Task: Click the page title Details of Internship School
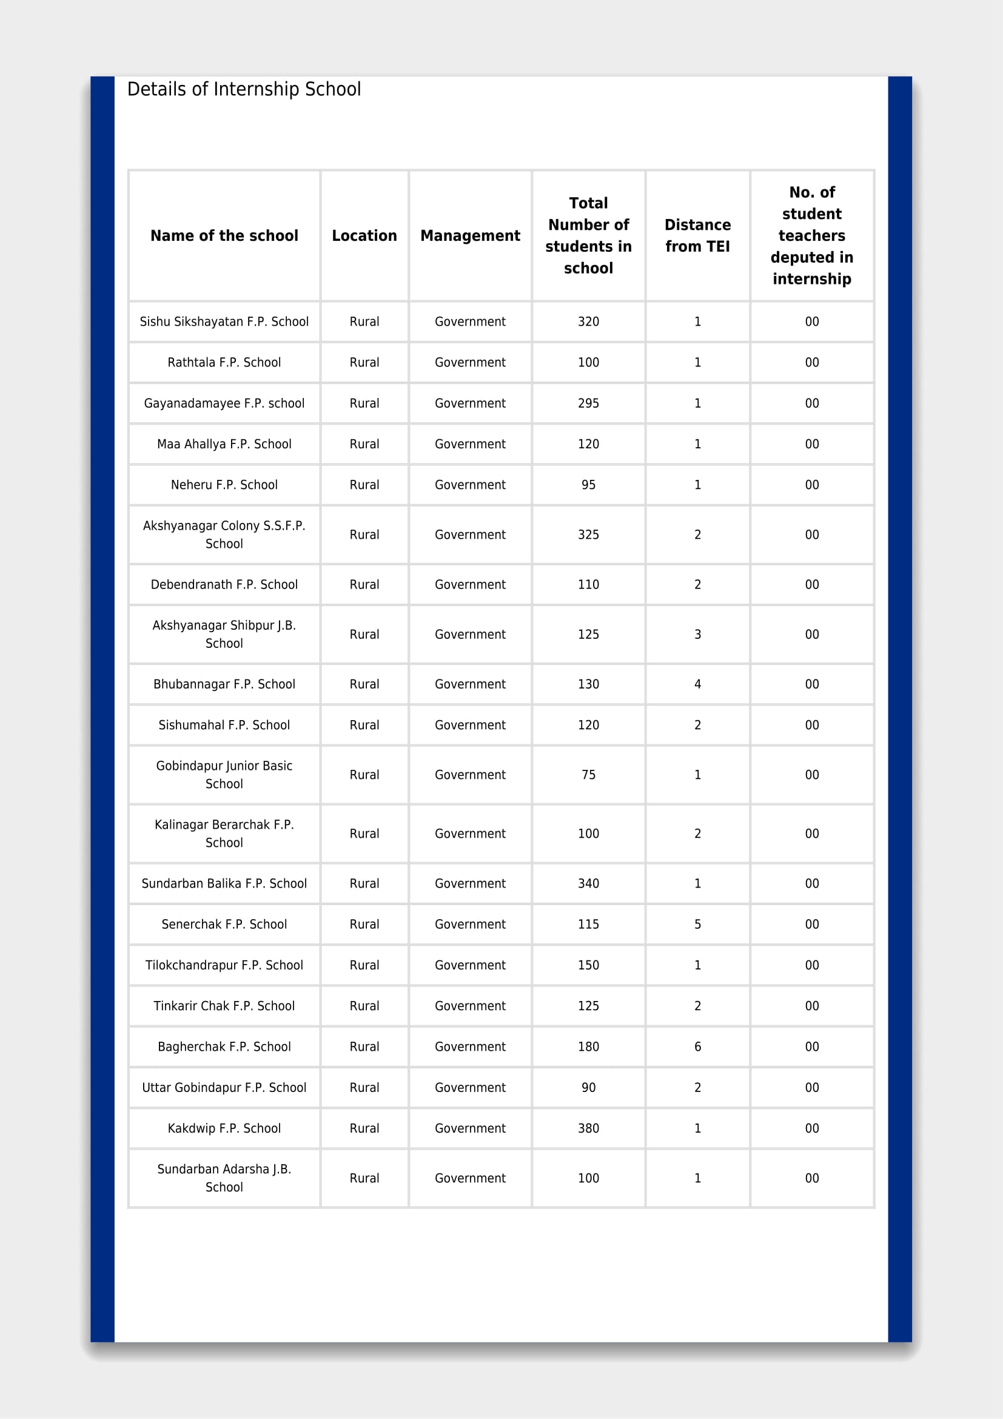(x=244, y=90)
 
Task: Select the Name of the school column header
(x=224, y=235)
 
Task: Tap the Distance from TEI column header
(x=697, y=235)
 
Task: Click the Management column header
(x=470, y=235)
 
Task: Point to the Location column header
(x=364, y=235)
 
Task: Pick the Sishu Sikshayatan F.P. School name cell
(x=224, y=322)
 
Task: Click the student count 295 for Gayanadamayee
(x=589, y=403)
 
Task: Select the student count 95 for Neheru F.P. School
(x=589, y=485)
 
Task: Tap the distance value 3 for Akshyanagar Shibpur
(x=697, y=634)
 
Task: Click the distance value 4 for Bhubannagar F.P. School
(x=697, y=684)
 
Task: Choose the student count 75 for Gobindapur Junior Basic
(x=589, y=774)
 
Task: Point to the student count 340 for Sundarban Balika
(x=589, y=883)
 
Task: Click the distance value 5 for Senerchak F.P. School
(x=697, y=924)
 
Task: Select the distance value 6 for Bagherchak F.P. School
(x=697, y=1047)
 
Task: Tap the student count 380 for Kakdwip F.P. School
(x=589, y=1128)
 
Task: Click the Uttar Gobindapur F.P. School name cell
(x=224, y=1087)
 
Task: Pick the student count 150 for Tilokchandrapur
(x=589, y=965)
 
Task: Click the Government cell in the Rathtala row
(x=470, y=362)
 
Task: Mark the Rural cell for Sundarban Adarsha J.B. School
(x=364, y=1178)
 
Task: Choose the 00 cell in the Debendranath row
(x=811, y=584)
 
